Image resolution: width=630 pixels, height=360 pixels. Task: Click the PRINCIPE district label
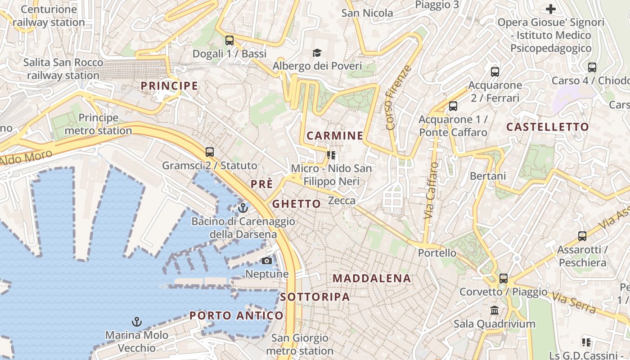[169, 85]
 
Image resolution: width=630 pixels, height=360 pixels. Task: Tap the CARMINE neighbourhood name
[335, 135]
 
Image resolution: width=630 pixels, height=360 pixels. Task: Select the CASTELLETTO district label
[547, 127]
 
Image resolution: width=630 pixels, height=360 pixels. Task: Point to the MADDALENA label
[372, 278]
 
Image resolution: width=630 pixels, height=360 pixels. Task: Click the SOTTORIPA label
[315, 297]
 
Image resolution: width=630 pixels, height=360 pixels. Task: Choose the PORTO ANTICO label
[236, 315]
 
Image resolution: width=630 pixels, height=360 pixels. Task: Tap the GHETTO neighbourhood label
[297, 204]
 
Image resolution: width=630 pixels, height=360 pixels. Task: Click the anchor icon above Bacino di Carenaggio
[243, 208]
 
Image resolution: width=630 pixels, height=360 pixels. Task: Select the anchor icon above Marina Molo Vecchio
[136, 322]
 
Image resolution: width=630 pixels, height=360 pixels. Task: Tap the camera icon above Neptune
[267, 261]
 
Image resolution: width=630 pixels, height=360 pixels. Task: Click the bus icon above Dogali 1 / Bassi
[229, 40]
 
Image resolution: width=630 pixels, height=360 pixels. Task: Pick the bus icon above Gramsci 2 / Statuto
[209, 152]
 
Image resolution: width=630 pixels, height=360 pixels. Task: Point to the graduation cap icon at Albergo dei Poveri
[317, 53]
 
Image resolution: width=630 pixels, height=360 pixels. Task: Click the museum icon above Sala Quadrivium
[495, 310]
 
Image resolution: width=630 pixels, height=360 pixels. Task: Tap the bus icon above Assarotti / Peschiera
[582, 236]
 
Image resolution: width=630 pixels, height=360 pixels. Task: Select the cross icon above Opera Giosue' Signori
[551, 9]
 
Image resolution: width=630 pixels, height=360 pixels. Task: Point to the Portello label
[437, 253]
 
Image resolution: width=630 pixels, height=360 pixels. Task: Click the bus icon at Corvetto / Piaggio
[504, 279]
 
